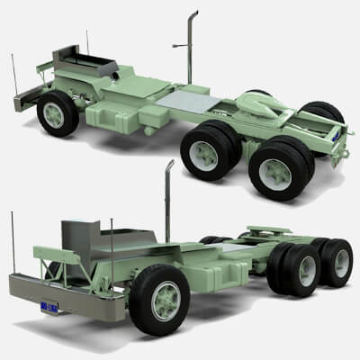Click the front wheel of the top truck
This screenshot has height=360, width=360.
pos(58,113)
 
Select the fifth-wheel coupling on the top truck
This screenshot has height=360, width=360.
pos(265,109)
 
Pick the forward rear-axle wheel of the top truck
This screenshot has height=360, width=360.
pos(209,150)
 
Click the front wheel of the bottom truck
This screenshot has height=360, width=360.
pos(160,299)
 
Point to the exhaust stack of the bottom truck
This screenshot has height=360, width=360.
pos(168,202)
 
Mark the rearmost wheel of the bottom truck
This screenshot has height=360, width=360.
pos(337,262)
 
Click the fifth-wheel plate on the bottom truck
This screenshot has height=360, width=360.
pos(265,233)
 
